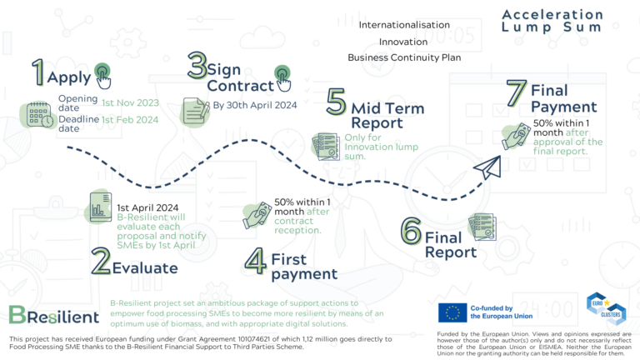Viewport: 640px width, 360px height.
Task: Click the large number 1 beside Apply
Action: (x=37, y=73)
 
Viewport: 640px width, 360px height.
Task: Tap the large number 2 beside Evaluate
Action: (x=101, y=261)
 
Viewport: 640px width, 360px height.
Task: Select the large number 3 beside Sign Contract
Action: (x=197, y=66)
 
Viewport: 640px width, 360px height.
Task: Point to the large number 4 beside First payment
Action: (x=255, y=259)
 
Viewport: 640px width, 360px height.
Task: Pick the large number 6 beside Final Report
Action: (x=410, y=232)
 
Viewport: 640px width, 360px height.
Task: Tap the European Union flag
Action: (x=452, y=312)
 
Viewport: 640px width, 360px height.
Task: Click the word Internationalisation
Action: (x=403, y=25)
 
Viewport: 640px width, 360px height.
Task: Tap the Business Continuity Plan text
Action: (x=403, y=57)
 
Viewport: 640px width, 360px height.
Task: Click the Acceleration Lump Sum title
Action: (x=552, y=21)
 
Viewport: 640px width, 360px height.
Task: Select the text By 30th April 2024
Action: (x=255, y=106)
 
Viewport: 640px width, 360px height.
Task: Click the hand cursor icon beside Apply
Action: (x=102, y=74)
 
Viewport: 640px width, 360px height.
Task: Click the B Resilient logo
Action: (x=52, y=314)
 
